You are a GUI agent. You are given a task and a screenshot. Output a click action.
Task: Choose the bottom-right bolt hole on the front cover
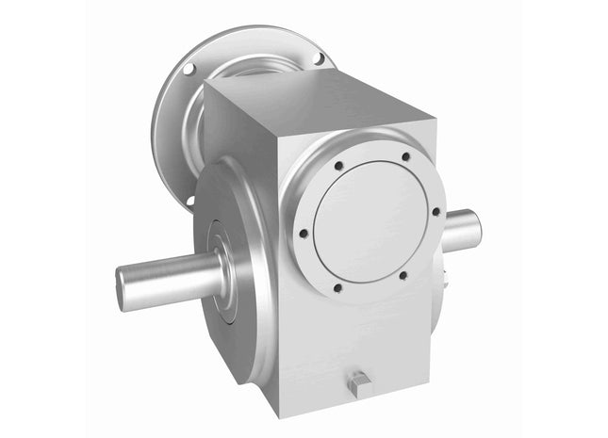click(x=402, y=276)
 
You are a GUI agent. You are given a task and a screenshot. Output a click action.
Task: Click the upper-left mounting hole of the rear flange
click(x=189, y=68)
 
